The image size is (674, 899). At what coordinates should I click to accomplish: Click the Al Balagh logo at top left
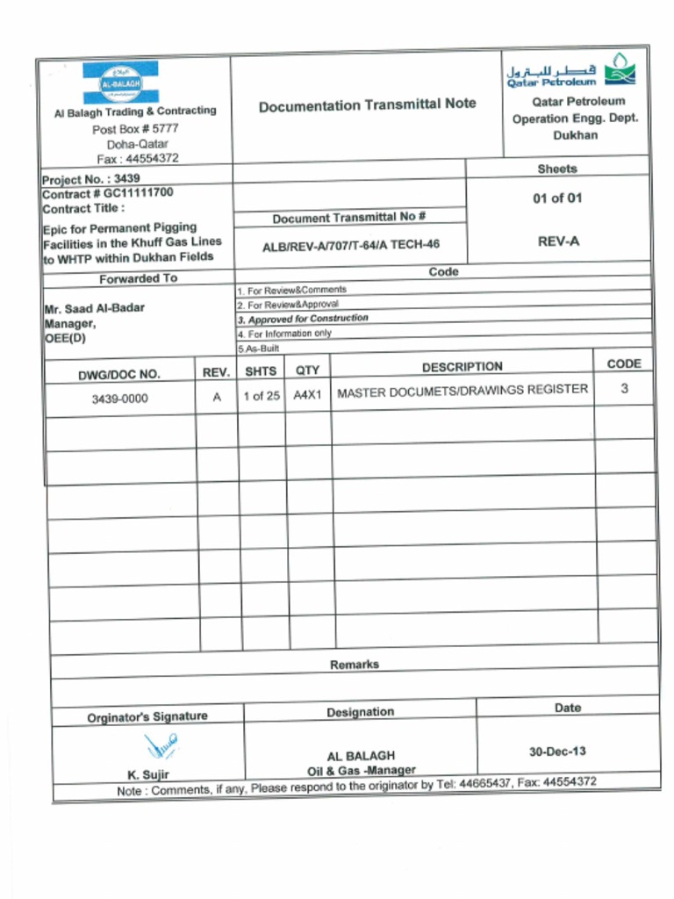point(120,82)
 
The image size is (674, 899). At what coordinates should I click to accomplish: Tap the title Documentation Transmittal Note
point(367,104)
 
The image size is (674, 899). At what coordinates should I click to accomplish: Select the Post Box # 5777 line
point(135,128)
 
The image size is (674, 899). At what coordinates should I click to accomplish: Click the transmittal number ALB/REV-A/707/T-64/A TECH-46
point(351,246)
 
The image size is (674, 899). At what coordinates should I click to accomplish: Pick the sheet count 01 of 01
point(557,198)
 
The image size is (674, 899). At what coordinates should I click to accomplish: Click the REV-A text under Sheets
point(558,241)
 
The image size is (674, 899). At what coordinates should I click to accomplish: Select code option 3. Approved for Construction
point(303,319)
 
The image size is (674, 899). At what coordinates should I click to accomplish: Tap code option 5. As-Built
point(258,349)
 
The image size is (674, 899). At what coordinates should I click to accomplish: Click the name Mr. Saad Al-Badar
point(94,308)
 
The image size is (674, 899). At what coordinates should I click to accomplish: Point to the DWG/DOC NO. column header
point(118,374)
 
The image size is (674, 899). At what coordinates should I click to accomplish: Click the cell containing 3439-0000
point(119,399)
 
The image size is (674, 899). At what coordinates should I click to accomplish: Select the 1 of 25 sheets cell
point(262,396)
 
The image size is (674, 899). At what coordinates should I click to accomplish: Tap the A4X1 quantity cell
point(308,395)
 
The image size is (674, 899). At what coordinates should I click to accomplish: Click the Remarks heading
point(355,665)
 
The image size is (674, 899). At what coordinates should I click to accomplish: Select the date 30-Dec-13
point(557,752)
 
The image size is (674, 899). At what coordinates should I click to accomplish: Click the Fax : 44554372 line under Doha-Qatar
point(138,159)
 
